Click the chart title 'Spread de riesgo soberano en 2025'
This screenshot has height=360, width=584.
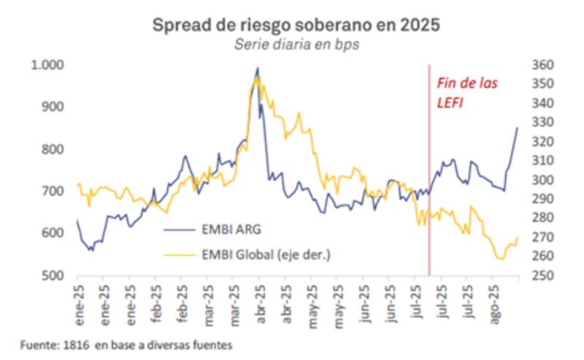296,25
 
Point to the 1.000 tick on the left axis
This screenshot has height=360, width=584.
47,65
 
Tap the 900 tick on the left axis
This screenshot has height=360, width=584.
53,107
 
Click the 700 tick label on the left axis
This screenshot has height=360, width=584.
53,191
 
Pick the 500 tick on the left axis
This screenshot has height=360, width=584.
53,276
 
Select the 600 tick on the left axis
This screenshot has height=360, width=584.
53,234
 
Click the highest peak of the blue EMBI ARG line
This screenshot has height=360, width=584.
257,68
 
